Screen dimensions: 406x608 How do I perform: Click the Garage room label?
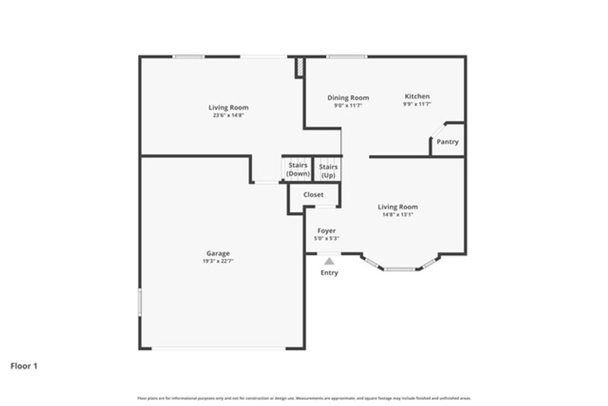point(218,253)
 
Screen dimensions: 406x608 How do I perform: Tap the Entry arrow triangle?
point(329,260)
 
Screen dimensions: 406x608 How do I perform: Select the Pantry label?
point(447,142)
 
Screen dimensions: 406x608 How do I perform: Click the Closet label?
point(313,194)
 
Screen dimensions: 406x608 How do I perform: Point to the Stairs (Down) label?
point(298,169)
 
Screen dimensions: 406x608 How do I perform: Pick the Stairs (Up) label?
point(328,171)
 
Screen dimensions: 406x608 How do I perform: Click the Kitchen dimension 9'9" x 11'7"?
point(417,104)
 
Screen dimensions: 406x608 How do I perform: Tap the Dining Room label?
point(348,97)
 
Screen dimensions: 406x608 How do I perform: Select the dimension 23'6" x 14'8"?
point(229,115)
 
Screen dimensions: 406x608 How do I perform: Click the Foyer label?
point(327,231)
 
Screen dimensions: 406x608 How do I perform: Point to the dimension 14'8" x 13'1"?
point(398,215)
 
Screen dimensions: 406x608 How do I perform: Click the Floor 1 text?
point(24,366)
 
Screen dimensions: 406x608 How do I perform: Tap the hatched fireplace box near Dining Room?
point(300,67)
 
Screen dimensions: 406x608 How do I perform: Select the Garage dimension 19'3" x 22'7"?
point(218,261)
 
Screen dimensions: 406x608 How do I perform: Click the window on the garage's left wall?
point(140,301)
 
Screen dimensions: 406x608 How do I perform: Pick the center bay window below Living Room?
point(398,269)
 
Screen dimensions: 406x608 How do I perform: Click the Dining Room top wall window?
point(347,56)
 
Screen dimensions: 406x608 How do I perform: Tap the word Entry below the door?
point(329,273)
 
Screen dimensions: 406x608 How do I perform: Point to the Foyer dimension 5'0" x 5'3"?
point(327,238)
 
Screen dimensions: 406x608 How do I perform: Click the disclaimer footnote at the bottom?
point(304,398)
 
